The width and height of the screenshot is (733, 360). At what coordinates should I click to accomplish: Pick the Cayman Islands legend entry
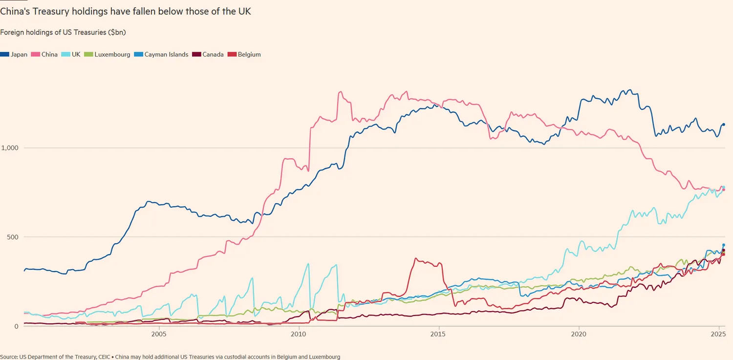pos(162,55)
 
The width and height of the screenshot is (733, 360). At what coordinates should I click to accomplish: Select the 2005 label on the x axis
pos(158,335)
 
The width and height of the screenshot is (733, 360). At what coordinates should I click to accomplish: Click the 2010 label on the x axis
pos(298,335)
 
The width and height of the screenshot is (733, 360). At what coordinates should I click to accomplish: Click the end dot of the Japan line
pos(724,125)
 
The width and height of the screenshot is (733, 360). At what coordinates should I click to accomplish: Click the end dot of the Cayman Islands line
pos(724,245)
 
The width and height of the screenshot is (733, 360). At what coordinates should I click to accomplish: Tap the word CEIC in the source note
pos(104,357)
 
